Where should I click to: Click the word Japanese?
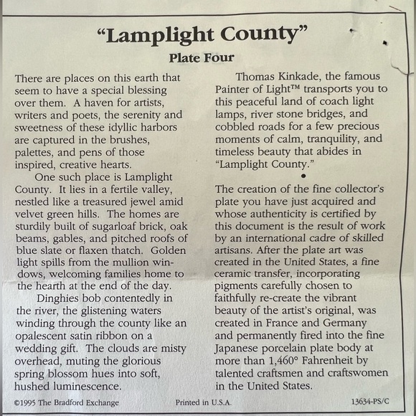coord(240,349)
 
